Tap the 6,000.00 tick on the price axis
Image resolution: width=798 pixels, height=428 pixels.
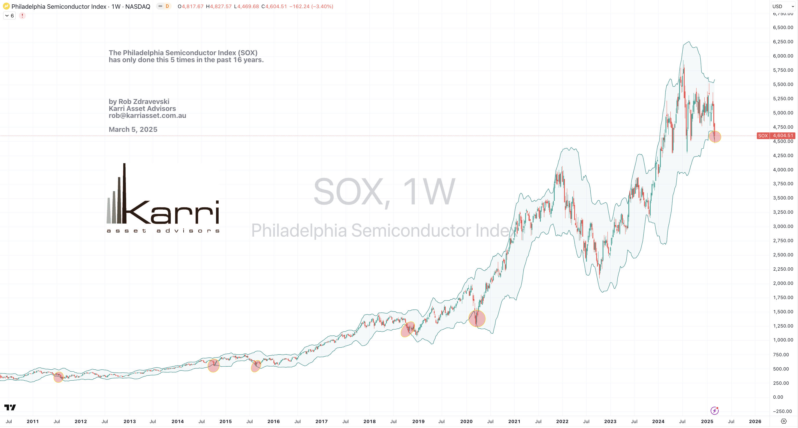click(x=783, y=56)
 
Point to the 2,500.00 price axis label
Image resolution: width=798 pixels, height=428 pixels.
click(x=783, y=255)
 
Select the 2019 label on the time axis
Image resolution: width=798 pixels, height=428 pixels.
click(x=418, y=421)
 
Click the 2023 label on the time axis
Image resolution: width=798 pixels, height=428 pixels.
click(x=610, y=421)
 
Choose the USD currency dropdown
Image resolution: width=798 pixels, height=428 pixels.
click(x=783, y=6)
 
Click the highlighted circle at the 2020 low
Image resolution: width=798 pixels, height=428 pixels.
click(x=477, y=319)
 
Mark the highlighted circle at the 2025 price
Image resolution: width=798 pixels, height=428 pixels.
click(x=715, y=136)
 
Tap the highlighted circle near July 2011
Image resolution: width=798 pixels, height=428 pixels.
click(x=59, y=377)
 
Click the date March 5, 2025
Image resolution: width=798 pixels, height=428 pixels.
click(x=133, y=129)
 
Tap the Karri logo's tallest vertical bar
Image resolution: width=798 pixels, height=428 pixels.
click(x=124, y=192)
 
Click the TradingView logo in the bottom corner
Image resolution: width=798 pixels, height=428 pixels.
click(x=10, y=407)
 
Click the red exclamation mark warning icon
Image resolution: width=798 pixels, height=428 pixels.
click(x=22, y=15)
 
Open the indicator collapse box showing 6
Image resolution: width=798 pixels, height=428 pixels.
click(x=9, y=15)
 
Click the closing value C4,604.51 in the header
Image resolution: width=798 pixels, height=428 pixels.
click(x=274, y=6)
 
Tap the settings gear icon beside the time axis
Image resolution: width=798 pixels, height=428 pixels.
click(x=784, y=421)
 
